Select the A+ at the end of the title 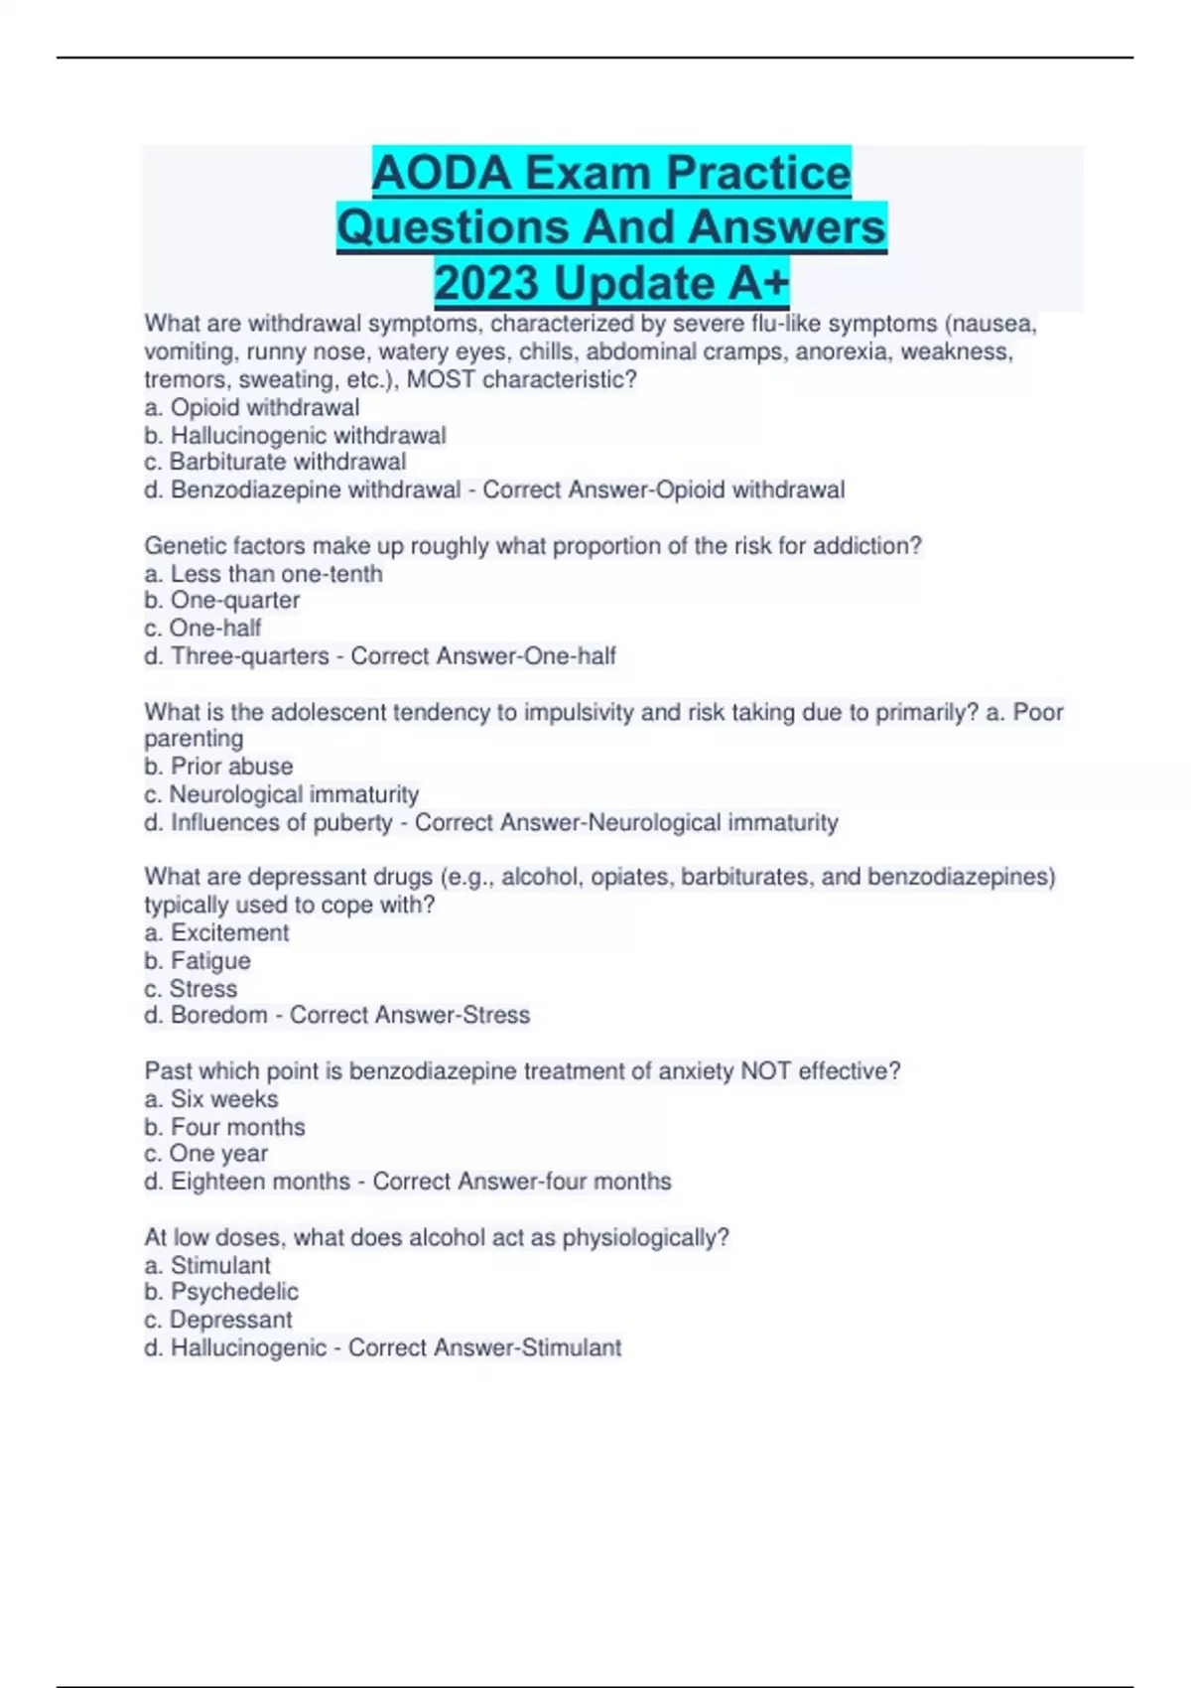click(758, 283)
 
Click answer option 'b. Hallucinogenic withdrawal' click(295, 435)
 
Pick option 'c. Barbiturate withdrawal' click(275, 462)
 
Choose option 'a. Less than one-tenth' click(263, 574)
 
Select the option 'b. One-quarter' click(221, 600)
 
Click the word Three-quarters click(250, 656)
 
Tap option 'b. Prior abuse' click(218, 767)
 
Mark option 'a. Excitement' click(216, 932)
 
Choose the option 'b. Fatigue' click(197, 960)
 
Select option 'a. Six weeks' click(210, 1099)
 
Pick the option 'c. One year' click(205, 1154)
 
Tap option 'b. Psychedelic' click(220, 1292)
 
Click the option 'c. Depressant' click(217, 1320)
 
